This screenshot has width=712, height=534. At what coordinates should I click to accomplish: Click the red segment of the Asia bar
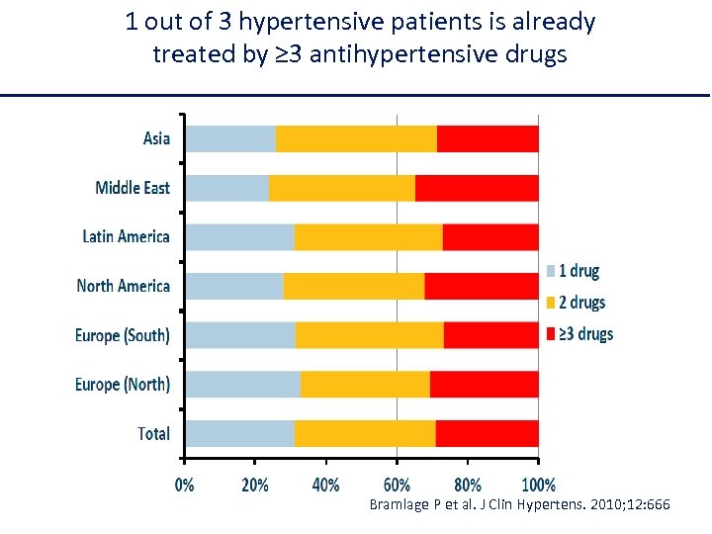488,138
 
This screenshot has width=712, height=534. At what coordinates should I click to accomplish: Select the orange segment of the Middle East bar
341,188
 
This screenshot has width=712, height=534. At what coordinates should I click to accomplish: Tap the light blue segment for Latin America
240,237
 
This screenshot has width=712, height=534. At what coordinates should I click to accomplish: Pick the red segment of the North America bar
481,286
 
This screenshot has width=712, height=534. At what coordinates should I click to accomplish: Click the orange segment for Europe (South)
369,335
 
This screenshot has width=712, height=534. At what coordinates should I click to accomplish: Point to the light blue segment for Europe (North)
243,384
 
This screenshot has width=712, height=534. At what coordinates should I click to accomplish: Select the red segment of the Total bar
487,433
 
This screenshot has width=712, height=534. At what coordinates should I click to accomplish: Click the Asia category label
156,138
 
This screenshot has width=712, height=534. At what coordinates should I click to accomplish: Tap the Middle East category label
133,188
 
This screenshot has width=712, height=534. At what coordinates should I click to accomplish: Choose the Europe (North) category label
122,384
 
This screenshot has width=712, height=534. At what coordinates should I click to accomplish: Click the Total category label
153,433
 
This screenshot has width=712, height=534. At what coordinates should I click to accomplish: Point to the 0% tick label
185,485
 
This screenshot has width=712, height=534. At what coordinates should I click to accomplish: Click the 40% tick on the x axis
325,485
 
